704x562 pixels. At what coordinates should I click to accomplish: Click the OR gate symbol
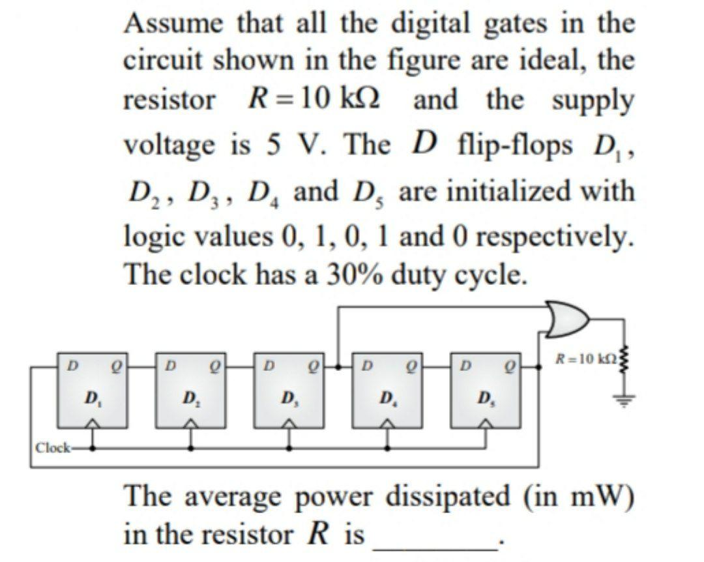point(568,319)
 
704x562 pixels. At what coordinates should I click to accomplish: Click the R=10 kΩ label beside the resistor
point(582,358)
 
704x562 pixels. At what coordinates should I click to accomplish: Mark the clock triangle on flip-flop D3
point(289,424)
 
